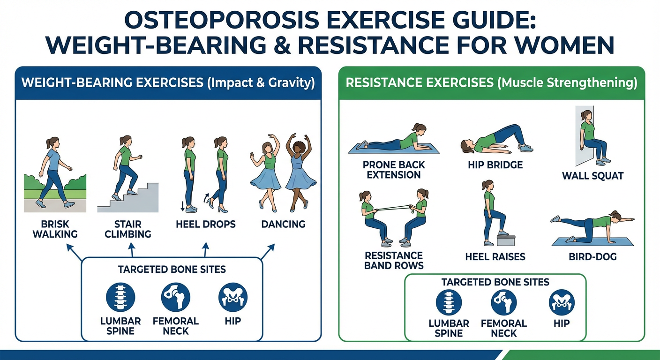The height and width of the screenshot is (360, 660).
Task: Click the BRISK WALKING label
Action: tap(55, 229)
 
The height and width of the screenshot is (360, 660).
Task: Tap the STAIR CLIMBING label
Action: tap(128, 229)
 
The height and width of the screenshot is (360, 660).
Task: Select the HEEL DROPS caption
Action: tap(206, 225)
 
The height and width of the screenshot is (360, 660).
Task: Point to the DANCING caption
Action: tap(283, 225)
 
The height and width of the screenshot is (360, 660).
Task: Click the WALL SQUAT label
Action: tap(593, 176)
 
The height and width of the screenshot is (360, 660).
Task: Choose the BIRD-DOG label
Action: tap(593, 257)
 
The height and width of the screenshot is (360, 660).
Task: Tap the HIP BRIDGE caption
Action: tap(495, 165)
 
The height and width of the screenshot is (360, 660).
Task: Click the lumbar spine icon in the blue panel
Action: tap(120, 297)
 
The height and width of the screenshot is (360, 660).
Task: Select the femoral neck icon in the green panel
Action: tap(504, 302)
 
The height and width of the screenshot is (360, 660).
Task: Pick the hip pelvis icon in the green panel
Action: tap(562, 302)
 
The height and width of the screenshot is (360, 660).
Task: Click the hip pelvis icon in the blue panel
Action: tap(233, 297)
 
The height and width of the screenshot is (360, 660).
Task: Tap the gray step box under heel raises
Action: tap(506, 240)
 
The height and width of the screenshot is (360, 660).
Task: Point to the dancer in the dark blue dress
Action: tap(300, 172)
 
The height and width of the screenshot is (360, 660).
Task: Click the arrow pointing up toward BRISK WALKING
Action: tap(74, 253)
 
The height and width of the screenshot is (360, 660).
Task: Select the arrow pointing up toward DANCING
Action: tap(268, 252)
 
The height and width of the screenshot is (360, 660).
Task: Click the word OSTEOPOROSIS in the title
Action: tap(222, 21)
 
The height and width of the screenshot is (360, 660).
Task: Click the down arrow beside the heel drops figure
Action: tap(182, 206)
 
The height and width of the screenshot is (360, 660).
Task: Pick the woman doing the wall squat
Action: tap(592, 137)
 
